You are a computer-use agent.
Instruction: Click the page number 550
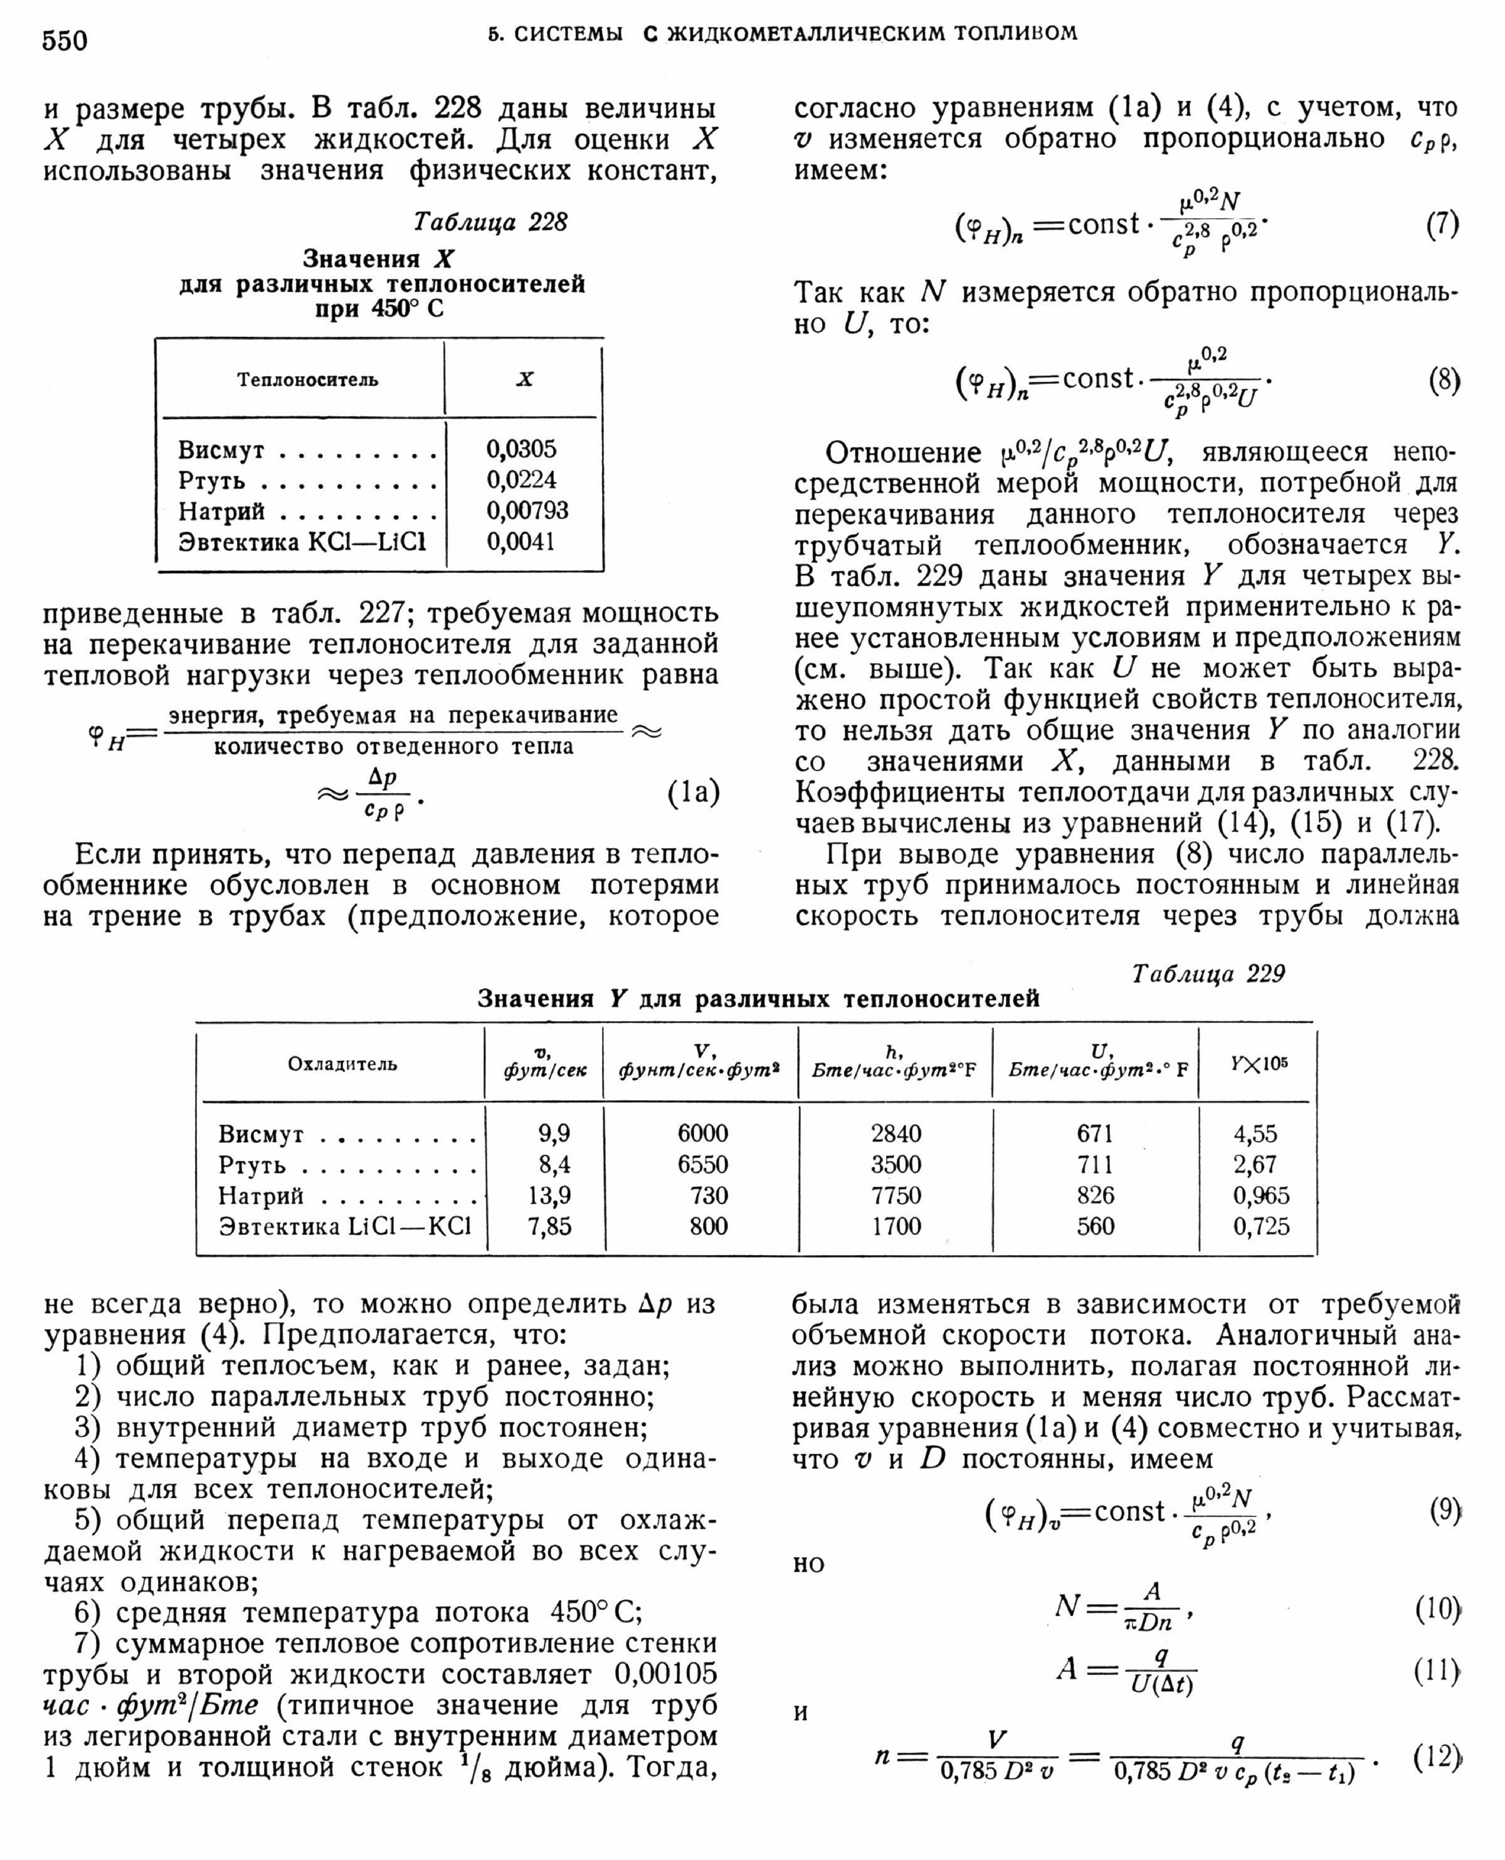pos(65,40)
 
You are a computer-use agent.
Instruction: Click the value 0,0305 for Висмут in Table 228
pos(521,449)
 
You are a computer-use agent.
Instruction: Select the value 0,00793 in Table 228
pos(527,510)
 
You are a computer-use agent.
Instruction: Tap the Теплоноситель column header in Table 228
pos(308,380)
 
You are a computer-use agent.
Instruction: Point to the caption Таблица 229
pos(1208,974)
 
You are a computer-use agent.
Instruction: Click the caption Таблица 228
pos(490,223)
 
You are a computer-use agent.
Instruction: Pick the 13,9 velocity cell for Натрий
pos(549,1195)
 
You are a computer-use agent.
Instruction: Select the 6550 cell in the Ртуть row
pos(702,1164)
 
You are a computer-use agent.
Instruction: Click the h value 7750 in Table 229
pos(895,1195)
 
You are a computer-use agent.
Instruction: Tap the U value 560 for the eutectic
pos(1095,1226)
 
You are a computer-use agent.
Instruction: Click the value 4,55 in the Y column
pos(1255,1133)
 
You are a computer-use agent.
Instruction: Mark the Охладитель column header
pos(342,1064)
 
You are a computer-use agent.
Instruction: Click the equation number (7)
pos(1442,225)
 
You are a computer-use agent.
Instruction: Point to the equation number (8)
pos(1444,381)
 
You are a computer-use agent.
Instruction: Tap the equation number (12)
pos(1437,1756)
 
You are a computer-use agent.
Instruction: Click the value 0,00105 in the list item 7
pos(666,1674)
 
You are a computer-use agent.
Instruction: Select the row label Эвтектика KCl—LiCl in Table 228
pos(302,542)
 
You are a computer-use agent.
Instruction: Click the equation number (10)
pos(1437,1609)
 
